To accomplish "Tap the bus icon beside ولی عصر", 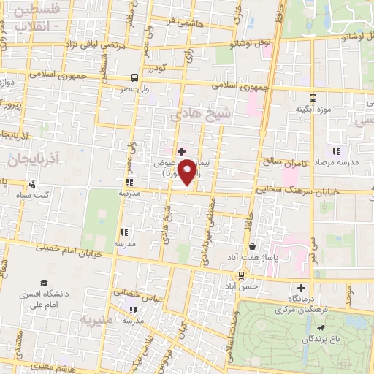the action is (134, 77).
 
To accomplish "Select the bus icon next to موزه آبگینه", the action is (313, 96).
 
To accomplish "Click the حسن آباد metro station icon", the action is (241, 275).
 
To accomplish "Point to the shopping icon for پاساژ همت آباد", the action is (252, 248).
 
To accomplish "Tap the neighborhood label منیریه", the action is (99, 320).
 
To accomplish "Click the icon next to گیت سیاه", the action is (31, 184).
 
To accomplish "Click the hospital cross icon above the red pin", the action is (181, 151).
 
